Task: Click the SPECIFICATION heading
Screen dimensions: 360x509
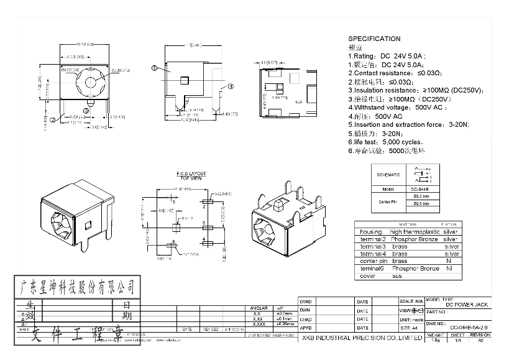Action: pos(374,39)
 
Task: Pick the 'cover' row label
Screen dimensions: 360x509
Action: pos(367,275)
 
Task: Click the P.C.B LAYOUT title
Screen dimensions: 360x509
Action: pos(191,174)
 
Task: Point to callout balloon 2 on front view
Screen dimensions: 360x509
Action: pos(53,119)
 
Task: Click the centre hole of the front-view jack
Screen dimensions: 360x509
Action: pos(93,81)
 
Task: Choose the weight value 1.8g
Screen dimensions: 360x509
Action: pos(434,340)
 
